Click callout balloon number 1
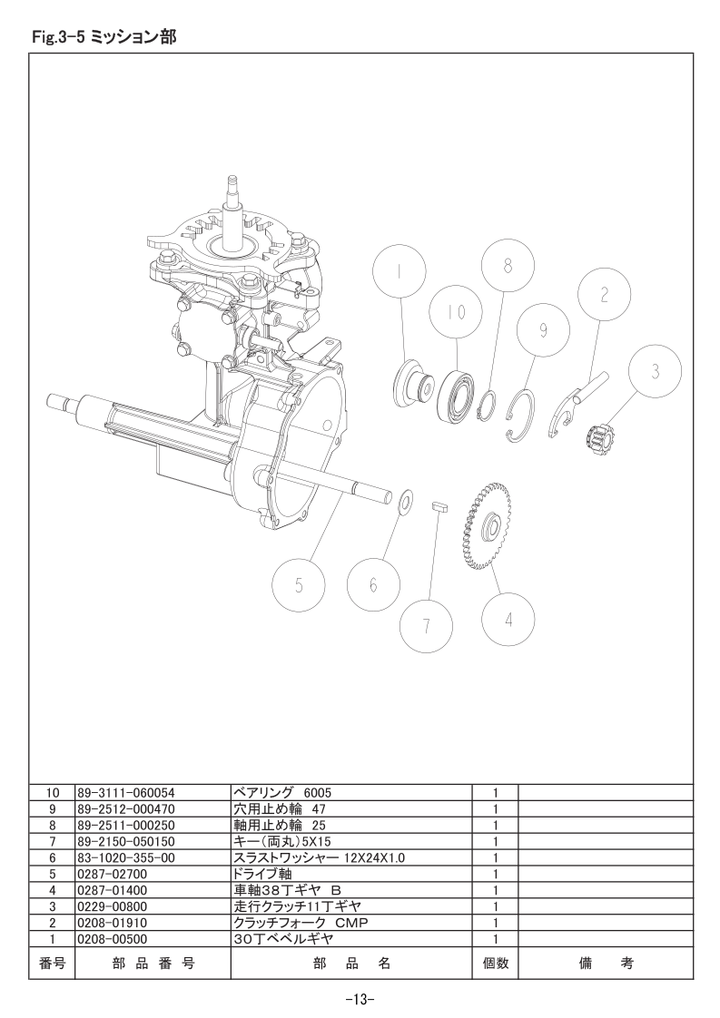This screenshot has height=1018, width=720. [x=399, y=270]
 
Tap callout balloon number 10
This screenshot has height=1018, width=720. [x=456, y=312]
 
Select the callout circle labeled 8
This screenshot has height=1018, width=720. [x=508, y=266]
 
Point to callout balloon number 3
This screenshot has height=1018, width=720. [x=656, y=372]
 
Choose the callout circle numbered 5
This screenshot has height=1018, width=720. [x=299, y=585]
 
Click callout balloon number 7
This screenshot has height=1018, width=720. [x=373, y=585]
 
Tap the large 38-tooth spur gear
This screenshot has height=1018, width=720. [x=427, y=626]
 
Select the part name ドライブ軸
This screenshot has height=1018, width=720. [x=262, y=874]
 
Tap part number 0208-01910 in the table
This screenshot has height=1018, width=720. [x=113, y=923]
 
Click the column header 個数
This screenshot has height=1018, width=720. [x=495, y=964]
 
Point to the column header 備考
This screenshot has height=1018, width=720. [x=606, y=964]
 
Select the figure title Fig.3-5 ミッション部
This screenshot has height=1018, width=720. [x=104, y=38]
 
